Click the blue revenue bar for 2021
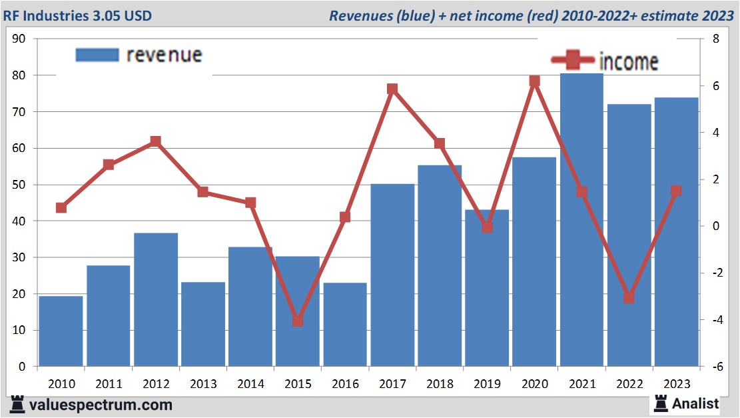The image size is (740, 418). [x=581, y=220]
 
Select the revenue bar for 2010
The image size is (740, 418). [x=61, y=331]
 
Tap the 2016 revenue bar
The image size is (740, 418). [x=345, y=325]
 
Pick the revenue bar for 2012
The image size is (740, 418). [x=155, y=299]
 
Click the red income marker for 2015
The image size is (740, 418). [x=297, y=321]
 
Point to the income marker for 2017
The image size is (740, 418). [x=392, y=89]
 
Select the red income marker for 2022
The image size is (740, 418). [x=629, y=297]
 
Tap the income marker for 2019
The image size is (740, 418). [x=487, y=227]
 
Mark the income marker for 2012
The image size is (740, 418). [x=155, y=141]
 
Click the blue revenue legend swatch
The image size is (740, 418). [x=97, y=55]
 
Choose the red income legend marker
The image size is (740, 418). [x=572, y=61]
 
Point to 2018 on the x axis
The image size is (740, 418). [x=440, y=384]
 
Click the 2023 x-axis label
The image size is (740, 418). [x=676, y=384]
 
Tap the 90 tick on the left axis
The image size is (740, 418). [x=19, y=39]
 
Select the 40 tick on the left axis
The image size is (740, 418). [x=19, y=221]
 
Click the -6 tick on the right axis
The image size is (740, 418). [x=717, y=367]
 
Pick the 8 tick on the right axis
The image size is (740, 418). [x=716, y=39]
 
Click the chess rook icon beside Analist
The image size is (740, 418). [x=661, y=403]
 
